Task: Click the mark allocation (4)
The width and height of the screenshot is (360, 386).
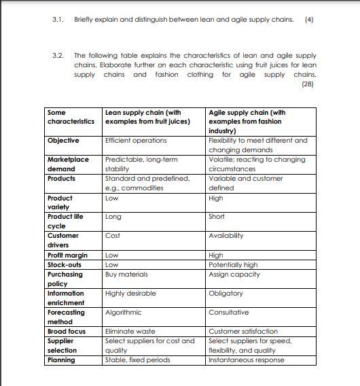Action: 310,19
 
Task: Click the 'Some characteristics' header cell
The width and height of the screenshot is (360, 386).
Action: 71,117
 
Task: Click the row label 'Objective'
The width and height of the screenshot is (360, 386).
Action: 63,140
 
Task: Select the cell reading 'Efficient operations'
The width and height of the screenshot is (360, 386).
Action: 136,140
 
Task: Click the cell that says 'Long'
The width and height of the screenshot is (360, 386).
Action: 113,217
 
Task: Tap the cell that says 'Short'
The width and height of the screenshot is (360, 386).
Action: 217,217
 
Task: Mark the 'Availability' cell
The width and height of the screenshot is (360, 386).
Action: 226,236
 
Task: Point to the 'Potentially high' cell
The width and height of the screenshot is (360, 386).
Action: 233,265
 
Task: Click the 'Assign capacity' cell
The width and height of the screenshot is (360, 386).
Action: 234,275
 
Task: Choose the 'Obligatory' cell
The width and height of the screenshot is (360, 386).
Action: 226,294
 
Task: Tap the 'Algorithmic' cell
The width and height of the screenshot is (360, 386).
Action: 124,313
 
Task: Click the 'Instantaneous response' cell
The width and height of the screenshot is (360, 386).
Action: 247,360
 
